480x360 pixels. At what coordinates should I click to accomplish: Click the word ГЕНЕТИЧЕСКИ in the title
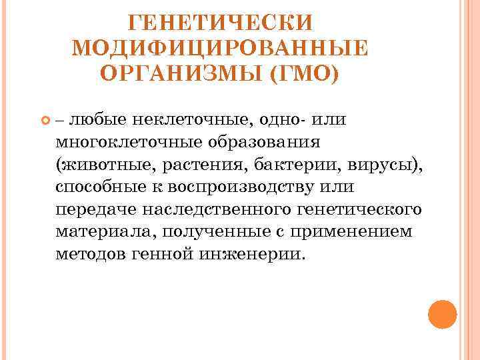tap(219, 23)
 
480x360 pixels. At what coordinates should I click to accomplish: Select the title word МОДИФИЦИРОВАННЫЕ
tap(219, 48)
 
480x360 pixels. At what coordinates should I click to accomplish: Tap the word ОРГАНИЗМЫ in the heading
tap(181, 73)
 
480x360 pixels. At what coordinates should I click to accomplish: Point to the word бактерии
tap(313, 165)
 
